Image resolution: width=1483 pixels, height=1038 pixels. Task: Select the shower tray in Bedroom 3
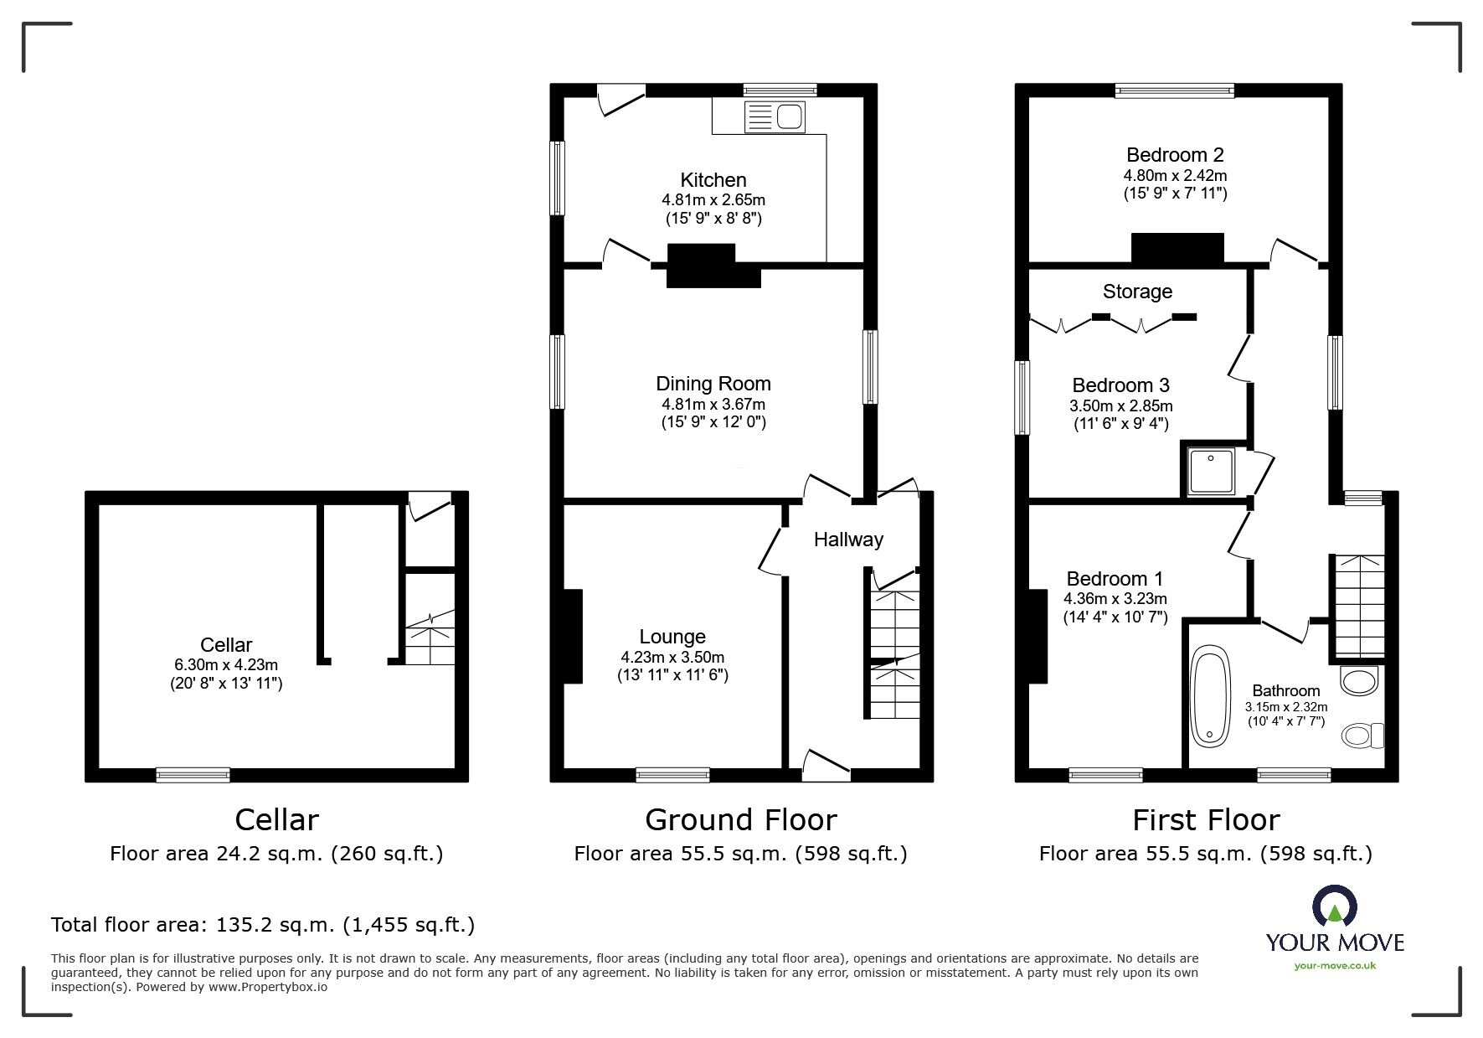pos(1212,472)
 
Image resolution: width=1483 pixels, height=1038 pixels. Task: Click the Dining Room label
pos(713,384)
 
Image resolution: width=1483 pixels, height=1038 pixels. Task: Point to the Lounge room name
pos(672,637)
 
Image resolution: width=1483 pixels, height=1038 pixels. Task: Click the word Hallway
pos(849,540)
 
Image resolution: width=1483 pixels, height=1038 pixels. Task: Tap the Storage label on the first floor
pos(1137,292)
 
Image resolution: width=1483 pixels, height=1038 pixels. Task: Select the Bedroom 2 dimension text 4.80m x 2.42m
pos(1175,176)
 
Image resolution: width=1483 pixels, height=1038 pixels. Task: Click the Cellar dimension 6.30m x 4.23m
pos(226,665)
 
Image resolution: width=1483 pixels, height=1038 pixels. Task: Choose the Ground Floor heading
pos(741,819)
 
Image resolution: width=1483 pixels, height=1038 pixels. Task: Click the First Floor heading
pos(1206,819)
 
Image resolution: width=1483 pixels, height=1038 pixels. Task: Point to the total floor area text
pos(263,925)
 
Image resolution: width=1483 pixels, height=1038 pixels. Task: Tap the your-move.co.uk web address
pos(1335,966)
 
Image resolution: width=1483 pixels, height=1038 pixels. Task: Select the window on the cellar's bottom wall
pos(193,775)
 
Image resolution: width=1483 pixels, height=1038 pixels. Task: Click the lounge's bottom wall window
pos(672,775)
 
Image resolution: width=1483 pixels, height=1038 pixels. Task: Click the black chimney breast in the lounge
pos(572,637)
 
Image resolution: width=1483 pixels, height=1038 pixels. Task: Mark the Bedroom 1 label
pos(1115,579)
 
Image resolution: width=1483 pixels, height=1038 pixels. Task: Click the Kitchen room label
pos(713,180)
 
